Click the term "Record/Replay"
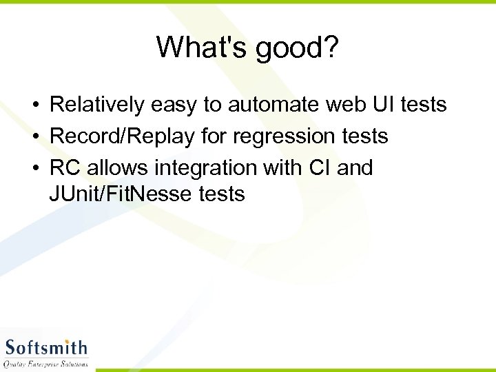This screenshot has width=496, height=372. coord(123,136)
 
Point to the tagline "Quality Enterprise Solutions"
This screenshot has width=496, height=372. coord(46,363)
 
